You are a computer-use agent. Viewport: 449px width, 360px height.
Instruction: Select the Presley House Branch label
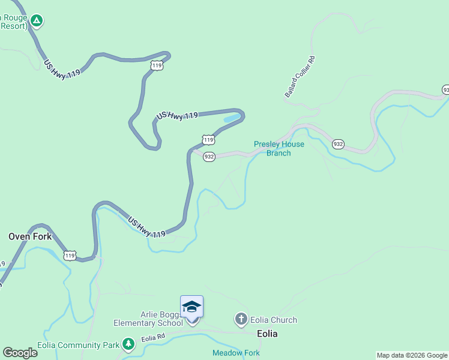(279, 148)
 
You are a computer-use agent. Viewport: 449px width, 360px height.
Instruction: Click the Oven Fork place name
(30, 236)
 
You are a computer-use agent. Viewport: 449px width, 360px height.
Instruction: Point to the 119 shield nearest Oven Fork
(70, 256)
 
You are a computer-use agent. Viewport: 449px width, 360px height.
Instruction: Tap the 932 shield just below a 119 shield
(209, 157)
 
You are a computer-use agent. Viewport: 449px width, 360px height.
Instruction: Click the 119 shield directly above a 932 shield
(208, 140)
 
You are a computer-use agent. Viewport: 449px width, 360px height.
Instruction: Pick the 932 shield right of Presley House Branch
(338, 144)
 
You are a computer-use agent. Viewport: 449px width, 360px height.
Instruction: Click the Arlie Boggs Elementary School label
(148, 318)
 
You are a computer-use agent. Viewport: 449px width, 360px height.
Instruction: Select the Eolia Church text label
(274, 320)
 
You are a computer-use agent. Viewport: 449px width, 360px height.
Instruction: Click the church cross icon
(241, 319)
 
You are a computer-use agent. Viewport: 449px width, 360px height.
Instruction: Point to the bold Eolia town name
(267, 334)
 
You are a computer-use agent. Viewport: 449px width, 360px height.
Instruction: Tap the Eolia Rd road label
(153, 338)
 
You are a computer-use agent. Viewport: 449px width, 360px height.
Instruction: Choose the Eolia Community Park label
(78, 345)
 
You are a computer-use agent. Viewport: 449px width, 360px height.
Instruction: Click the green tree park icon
(128, 344)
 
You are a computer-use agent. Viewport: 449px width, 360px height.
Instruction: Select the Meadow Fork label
(236, 353)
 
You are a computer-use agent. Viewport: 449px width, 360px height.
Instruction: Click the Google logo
(20, 353)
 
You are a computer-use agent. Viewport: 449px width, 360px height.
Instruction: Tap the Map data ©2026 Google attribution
(412, 355)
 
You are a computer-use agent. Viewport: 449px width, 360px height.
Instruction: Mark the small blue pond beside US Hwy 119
(232, 118)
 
